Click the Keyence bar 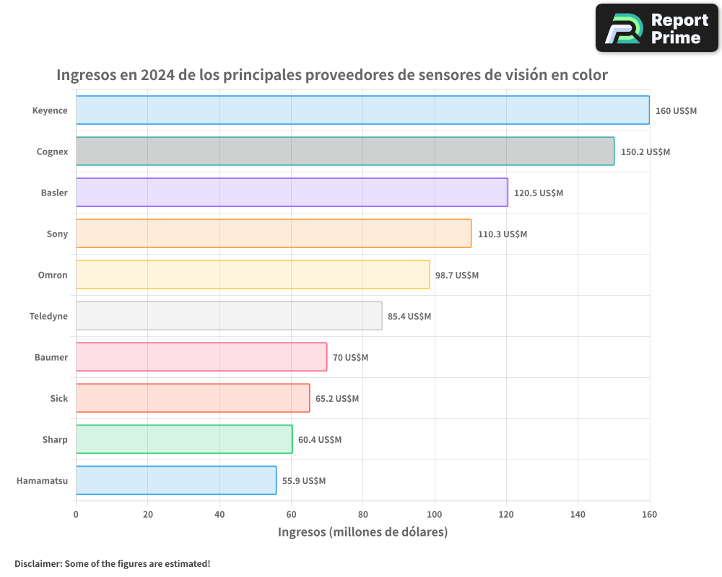pos(362,110)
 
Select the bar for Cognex pos(345,151)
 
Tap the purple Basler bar pos(292,193)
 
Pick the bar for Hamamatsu pos(176,480)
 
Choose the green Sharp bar pos(184,439)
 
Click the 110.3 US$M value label pos(503,234)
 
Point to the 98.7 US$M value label pos(457,276)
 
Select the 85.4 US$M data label pos(409,317)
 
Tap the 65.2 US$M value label pos(337,399)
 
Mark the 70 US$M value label pos(350,358)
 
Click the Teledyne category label pos(48,317)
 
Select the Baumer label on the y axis pos(51,358)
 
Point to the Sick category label pos(59,399)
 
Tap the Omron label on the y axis pos(53,276)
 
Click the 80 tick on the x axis pos(362,514)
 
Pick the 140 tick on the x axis pos(578,514)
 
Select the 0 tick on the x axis pos(76,514)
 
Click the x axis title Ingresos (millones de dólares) pos(362,532)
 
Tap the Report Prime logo pos(657,28)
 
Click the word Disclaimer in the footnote pos(37,563)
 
